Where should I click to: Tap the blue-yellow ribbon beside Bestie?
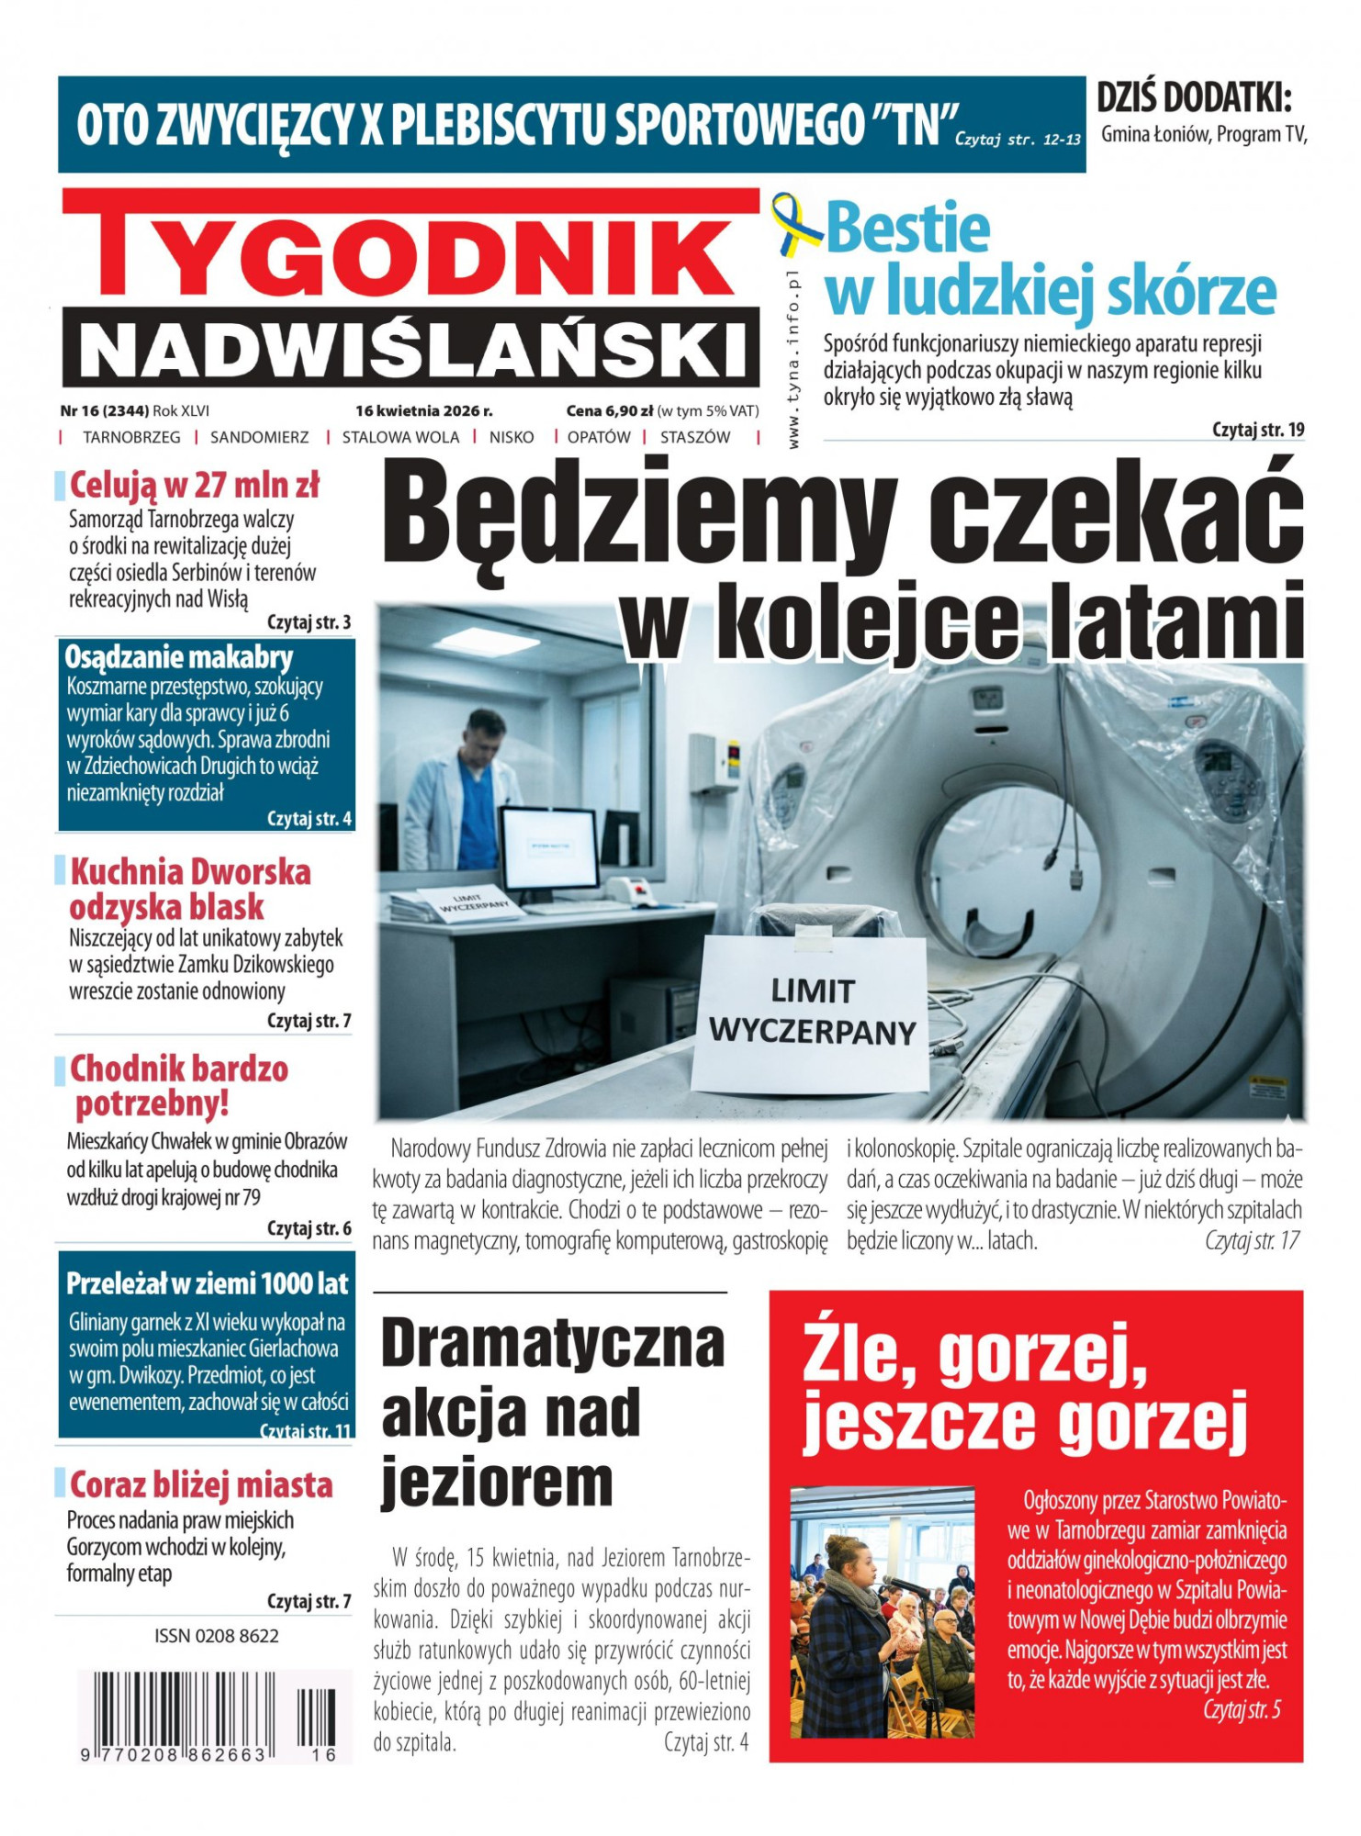point(795,225)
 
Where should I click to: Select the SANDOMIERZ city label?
point(260,437)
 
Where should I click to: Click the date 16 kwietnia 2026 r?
point(423,410)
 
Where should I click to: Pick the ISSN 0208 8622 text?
point(217,1635)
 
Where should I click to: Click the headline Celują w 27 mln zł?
point(195,485)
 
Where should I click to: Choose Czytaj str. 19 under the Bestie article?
point(1257,430)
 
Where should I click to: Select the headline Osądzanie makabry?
point(179,657)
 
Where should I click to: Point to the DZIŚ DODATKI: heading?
point(1194,97)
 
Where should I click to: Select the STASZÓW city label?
point(695,437)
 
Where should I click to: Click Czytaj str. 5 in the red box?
point(1242,1709)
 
